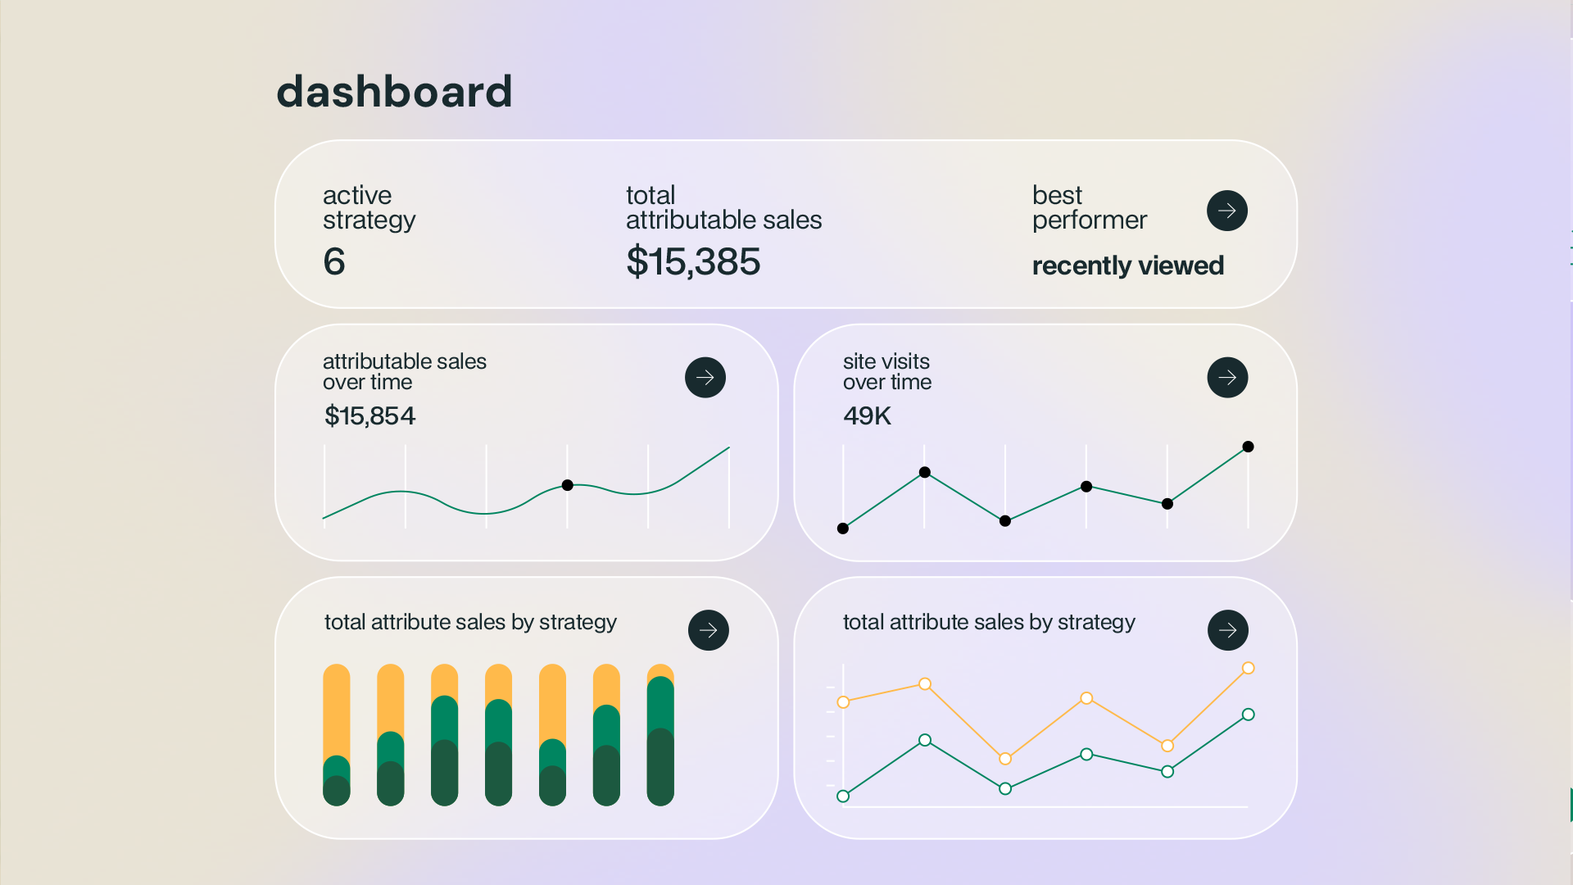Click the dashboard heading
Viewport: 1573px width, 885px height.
point(394,91)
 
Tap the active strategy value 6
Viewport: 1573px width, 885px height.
point(334,261)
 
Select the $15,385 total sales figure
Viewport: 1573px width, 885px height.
point(693,261)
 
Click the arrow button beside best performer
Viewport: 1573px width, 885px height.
point(1226,211)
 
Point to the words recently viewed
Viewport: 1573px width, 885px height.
point(1127,265)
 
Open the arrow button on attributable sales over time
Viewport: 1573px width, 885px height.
point(705,378)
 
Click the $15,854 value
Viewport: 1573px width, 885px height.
point(369,415)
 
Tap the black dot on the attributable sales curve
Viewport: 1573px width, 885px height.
point(567,485)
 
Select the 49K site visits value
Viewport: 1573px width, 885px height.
point(867,415)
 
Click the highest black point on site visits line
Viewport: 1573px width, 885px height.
point(1248,447)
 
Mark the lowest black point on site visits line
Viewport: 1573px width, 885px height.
point(843,529)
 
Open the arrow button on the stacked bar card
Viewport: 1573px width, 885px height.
point(708,630)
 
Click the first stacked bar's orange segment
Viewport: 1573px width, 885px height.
point(336,709)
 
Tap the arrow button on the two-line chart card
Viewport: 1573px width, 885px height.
point(1227,630)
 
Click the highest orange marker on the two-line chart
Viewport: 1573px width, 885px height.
point(1248,668)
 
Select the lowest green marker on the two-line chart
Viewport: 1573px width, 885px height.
point(843,796)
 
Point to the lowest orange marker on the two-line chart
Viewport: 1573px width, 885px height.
point(1005,759)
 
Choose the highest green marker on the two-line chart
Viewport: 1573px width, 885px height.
point(1248,715)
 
